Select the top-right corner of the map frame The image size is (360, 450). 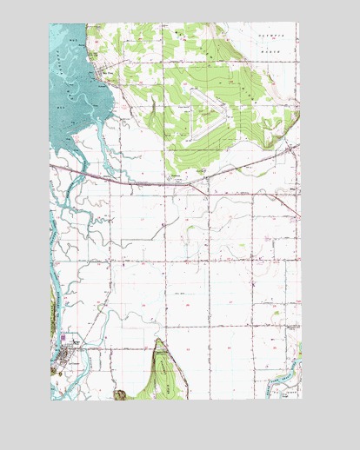[300, 23]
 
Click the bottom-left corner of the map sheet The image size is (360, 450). [50, 400]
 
